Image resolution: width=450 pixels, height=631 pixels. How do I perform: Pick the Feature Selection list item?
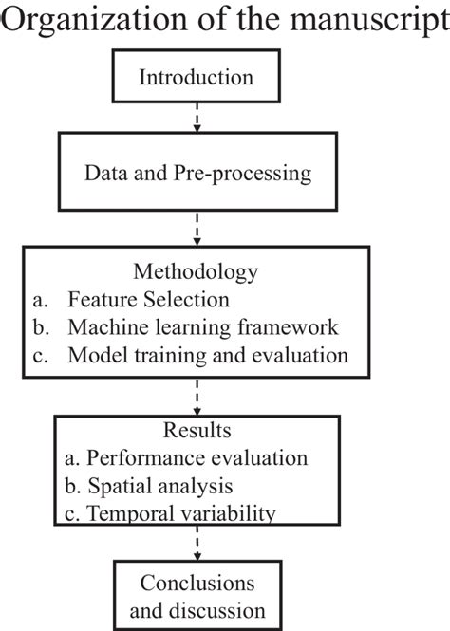coord(147,300)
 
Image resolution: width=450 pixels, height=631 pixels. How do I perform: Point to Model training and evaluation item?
coord(209,356)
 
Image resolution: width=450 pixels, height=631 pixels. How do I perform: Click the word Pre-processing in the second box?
coord(252,175)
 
